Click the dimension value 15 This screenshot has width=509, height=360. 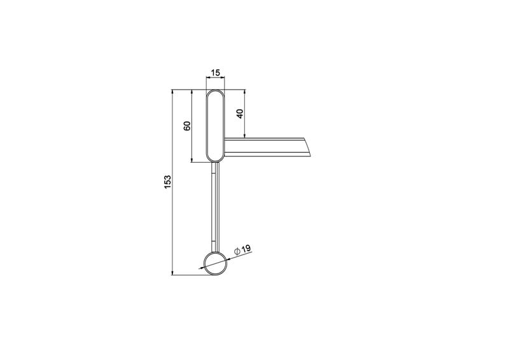215,73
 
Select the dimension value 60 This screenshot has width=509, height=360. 187,126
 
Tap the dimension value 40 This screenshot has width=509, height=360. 240,114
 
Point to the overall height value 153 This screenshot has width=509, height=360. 167,182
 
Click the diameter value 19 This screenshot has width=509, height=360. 246,249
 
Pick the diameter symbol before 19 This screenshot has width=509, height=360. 237,251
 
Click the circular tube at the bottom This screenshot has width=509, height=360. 215,263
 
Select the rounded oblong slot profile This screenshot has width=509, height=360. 215,125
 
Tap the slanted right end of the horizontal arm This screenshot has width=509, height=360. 308,148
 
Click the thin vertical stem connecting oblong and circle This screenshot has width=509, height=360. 216,207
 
